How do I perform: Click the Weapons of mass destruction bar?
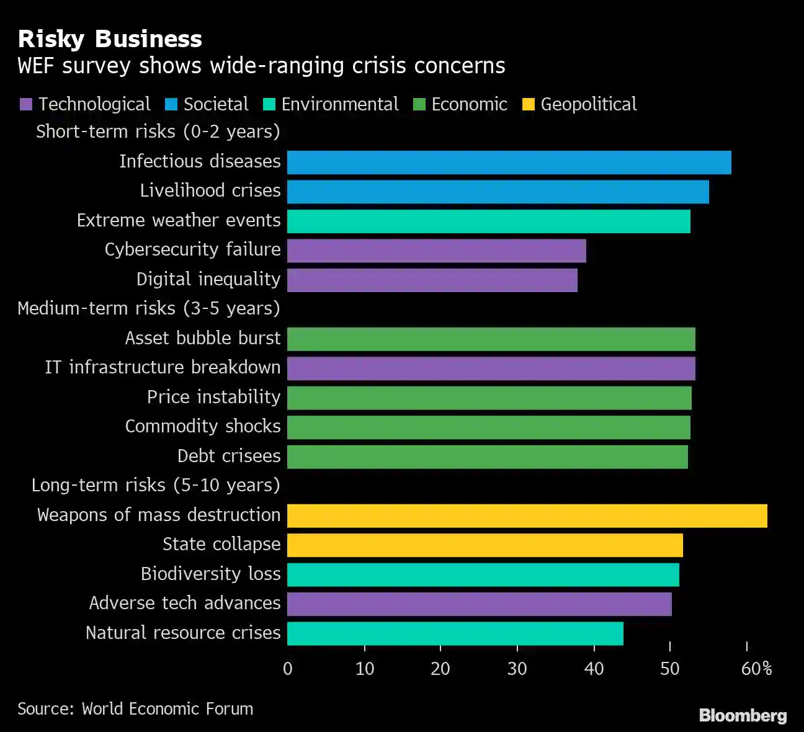(x=527, y=516)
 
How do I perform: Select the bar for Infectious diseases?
(x=509, y=163)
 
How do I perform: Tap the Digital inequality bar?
(x=432, y=280)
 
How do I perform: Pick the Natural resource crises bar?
(x=455, y=633)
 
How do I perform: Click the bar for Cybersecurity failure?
(x=436, y=251)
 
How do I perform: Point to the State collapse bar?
(x=485, y=545)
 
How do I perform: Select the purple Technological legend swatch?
(x=25, y=104)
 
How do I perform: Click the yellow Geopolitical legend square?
(x=529, y=104)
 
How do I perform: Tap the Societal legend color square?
(x=171, y=104)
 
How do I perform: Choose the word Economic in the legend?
(x=469, y=104)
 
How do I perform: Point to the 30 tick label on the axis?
(x=517, y=668)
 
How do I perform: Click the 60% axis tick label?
(x=756, y=668)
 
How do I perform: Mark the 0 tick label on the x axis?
(x=288, y=668)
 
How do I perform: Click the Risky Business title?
(x=110, y=39)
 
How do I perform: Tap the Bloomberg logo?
(x=743, y=715)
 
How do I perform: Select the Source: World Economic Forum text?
(x=135, y=708)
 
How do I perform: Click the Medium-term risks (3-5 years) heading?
(x=149, y=308)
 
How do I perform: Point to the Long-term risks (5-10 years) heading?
(x=156, y=485)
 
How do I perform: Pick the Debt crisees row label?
(x=229, y=456)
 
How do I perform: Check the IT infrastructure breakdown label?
(x=163, y=367)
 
